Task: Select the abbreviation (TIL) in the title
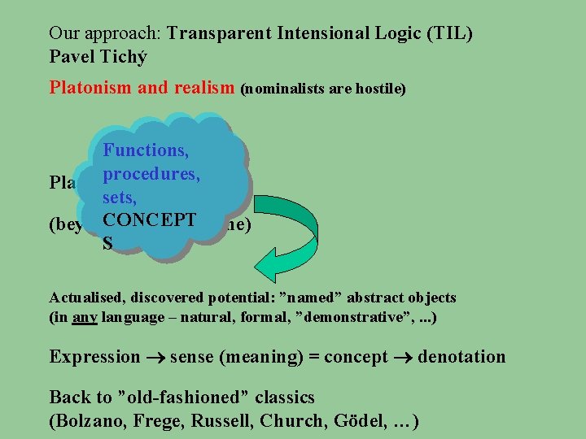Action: [x=450, y=34]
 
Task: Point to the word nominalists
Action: [x=294, y=89]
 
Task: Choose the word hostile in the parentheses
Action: [x=378, y=89]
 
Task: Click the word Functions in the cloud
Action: [x=146, y=150]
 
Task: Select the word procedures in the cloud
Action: [x=151, y=173]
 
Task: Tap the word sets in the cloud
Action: [x=119, y=197]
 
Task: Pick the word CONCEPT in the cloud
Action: [x=149, y=219]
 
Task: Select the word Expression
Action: [x=94, y=357]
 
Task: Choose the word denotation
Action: [x=461, y=357]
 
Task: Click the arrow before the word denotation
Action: [x=403, y=358]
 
